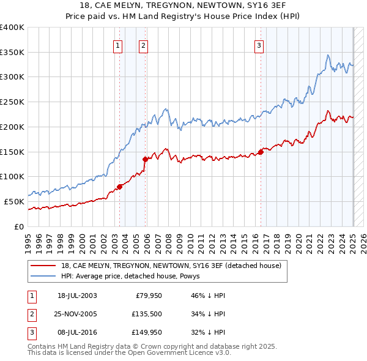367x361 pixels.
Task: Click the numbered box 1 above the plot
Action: [x=117, y=45]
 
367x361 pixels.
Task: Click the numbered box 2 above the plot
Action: [x=143, y=45]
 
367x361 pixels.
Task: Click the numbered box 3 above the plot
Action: [x=259, y=45]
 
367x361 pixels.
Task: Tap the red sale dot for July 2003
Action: [x=120, y=187]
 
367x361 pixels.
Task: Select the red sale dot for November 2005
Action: [x=146, y=159]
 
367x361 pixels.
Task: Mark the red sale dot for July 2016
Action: [x=261, y=152]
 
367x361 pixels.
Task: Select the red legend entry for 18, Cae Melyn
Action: [x=171, y=266]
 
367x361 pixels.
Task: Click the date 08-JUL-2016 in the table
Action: [x=77, y=332]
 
